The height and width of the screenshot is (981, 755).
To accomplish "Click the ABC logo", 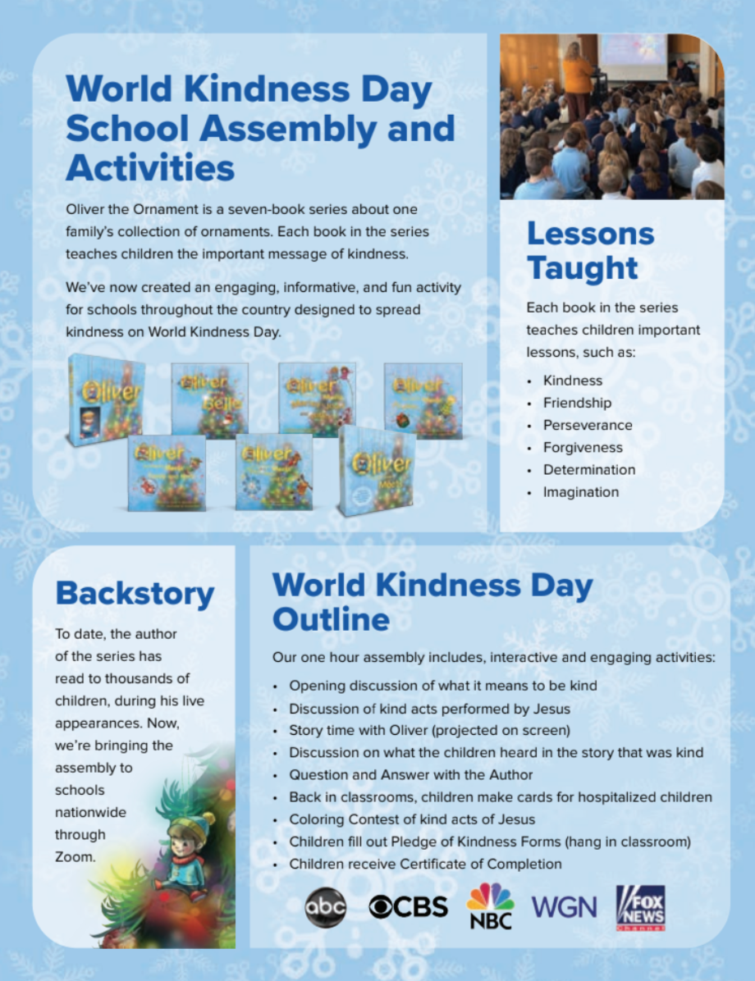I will [x=326, y=906].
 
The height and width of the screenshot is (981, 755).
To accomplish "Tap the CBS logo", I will [x=408, y=906].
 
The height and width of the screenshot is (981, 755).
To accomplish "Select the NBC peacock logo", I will [x=490, y=905].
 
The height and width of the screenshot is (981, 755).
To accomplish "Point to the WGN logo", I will [x=564, y=906].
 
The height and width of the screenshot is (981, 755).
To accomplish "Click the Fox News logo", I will [x=641, y=907].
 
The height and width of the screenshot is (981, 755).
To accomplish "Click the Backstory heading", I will [x=135, y=594].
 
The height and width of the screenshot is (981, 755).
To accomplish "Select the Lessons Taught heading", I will [x=590, y=250].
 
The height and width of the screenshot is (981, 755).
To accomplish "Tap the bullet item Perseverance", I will [x=587, y=425].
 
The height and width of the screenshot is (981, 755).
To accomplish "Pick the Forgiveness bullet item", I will [x=582, y=447].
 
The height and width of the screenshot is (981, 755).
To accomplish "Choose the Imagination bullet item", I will [x=580, y=492].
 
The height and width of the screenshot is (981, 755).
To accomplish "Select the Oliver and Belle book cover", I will [x=209, y=399].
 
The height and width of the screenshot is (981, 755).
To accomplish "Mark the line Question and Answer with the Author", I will [x=410, y=774].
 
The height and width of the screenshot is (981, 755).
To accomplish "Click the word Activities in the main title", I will [x=150, y=167].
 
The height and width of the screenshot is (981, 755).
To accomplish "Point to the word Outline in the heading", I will [x=331, y=620].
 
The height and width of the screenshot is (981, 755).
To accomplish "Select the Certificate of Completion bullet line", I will [x=425, y=864].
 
